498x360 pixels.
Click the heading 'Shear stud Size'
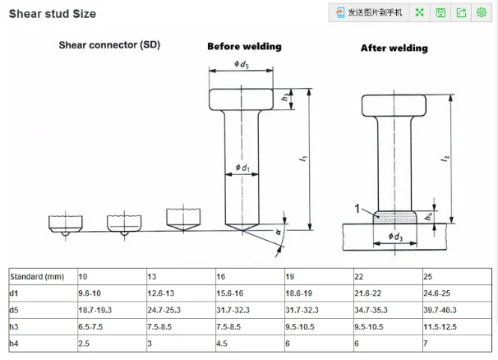pyautogui.click(x=52, y=13)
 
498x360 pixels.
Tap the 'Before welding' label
pyautogui.click(x=244, y=47)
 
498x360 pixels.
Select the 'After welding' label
pyautogui.click(x=394, y=48)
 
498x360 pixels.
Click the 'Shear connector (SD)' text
pyautogui.click(x=109, y=44)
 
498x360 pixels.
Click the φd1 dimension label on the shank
pyautogui.click(x=242, y=168)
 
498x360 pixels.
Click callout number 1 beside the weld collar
pyautogui.click(x=358, y=210)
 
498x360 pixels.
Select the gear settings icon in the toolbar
pyautogui.click(x=482, y=12)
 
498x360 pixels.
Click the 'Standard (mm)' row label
pyautogui.click(x=37, y=277)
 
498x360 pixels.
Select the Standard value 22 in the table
pyautogui.click(x=359, y=277)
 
